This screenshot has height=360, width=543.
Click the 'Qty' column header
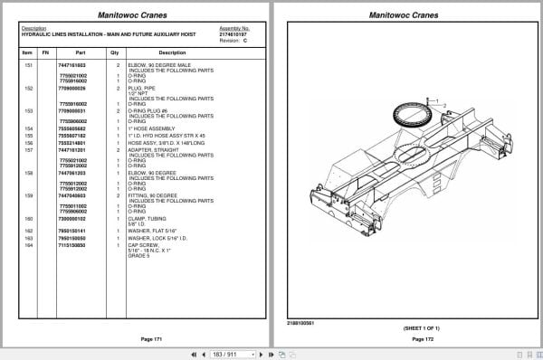115,53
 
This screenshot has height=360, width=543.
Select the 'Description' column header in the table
172,53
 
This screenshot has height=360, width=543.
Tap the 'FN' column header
45,53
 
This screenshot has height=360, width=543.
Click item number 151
27,65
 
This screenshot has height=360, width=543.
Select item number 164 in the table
27,246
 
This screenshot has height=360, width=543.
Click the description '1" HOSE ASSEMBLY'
147,129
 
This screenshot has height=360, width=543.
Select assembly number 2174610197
234,33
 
